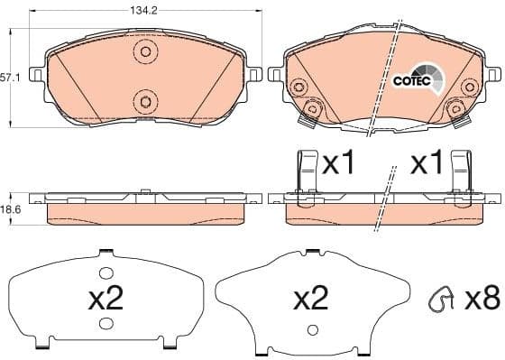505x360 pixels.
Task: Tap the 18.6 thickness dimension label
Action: click(x=11, y=209)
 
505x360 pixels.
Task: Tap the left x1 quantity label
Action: click(x=340, y=164)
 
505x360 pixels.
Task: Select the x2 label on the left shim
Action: click(x=106, y=300)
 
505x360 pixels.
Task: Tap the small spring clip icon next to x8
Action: click(x=441, y=299)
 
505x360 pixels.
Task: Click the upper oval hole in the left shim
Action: click(x=106, y=272)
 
